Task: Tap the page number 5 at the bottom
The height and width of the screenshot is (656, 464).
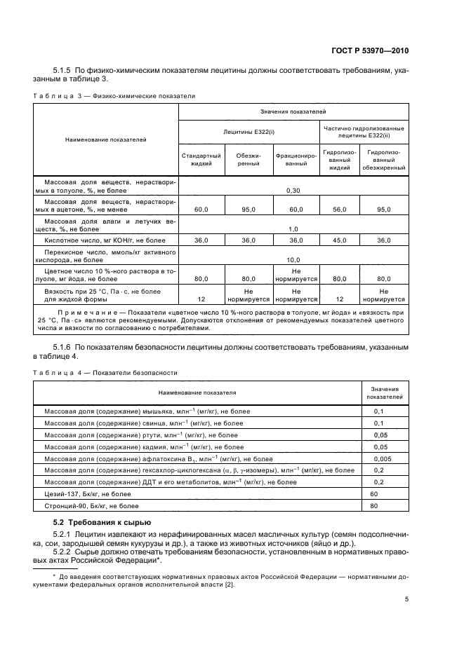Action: [407, 599]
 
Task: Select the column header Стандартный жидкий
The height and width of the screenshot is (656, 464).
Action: [201, 159]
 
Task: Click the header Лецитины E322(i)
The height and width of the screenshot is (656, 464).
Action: [249, 130]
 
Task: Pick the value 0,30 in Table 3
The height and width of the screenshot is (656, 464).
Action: [294, 190]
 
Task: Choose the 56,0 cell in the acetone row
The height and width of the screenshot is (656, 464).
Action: [340, 209]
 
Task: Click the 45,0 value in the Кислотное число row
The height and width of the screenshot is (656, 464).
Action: [340, 240]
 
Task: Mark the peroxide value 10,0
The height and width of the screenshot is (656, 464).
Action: [294, 259]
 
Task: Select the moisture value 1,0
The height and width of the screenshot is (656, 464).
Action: [294, 228]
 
